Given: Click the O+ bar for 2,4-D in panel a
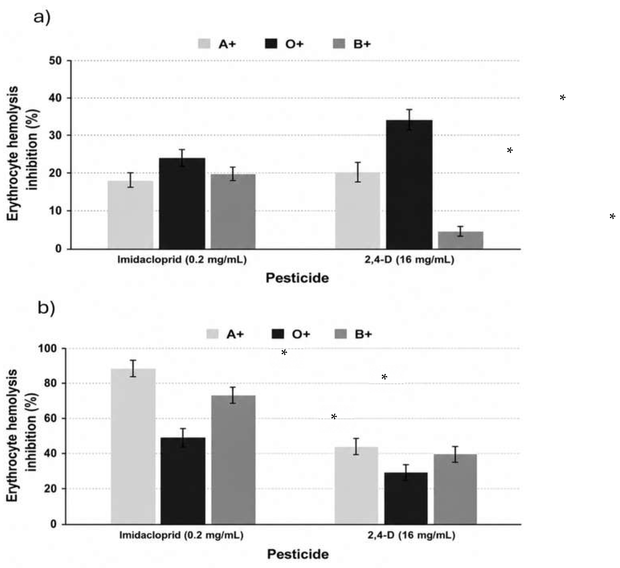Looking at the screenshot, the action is (x=409, y=184).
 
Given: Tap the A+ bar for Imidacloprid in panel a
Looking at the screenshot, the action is (x=130, y=215).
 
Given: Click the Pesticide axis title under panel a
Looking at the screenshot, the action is (x=297, y=278).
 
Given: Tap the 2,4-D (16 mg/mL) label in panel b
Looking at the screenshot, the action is (x=411, y=536).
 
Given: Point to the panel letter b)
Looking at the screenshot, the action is (x=46, y=308).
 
